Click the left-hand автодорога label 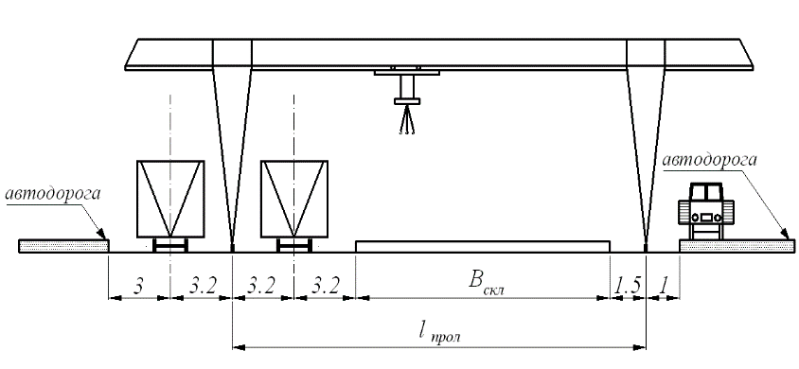[53, 196]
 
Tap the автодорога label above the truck [709, 160]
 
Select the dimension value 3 [138, 287]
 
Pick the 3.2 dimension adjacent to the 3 [202, 287]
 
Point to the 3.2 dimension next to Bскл [325, 287]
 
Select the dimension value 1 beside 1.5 [663, 287]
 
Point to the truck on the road [705, 211]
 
